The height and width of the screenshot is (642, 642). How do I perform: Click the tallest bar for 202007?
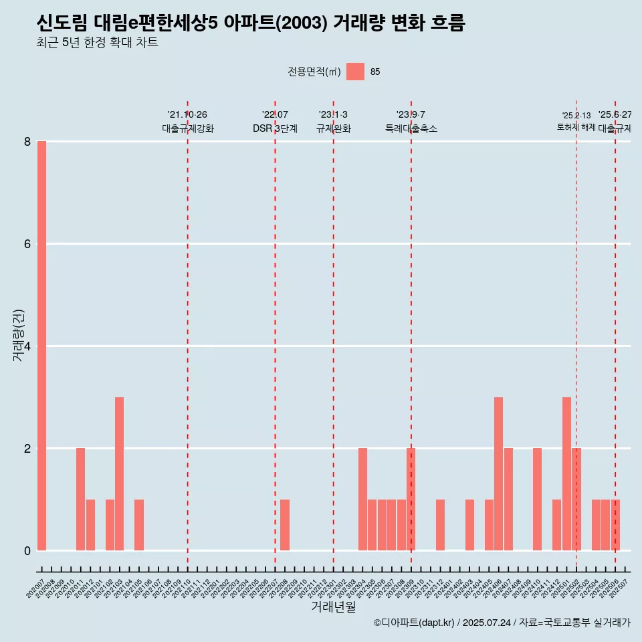[x=41, y=346]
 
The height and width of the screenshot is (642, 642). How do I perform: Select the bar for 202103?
[x=119, y=473]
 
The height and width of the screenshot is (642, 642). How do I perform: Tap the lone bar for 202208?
[x=285, y=525]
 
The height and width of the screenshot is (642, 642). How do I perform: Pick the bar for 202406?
[x=499, y=473]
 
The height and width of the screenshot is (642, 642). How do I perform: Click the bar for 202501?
[x=566, y=473]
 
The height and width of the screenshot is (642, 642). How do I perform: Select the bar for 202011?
[x=80, y=499]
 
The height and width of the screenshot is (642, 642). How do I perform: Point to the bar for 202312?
[x=440, y=525]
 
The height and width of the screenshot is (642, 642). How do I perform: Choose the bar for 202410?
[x=537, y=499]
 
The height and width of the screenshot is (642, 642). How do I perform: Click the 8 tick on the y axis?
[x=27, y=141]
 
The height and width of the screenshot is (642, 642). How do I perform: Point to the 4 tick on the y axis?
[x=27, y=346]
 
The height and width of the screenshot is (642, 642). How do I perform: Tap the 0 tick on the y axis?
[x=27, y=551]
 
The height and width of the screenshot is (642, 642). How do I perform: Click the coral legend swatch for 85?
[x=355, y=72]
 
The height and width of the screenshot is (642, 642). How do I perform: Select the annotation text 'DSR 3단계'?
[x=275, y=128]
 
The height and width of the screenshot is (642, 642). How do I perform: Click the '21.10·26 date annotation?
[x=187, y=115]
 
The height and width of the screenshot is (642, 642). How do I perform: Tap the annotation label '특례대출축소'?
[x=411, y=128]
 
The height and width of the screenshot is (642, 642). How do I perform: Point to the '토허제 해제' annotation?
[x=576, y=127]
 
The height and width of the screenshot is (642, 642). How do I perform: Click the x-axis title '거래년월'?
[x=333, y=607]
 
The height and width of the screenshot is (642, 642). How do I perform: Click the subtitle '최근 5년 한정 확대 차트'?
[x=97, y=43]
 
